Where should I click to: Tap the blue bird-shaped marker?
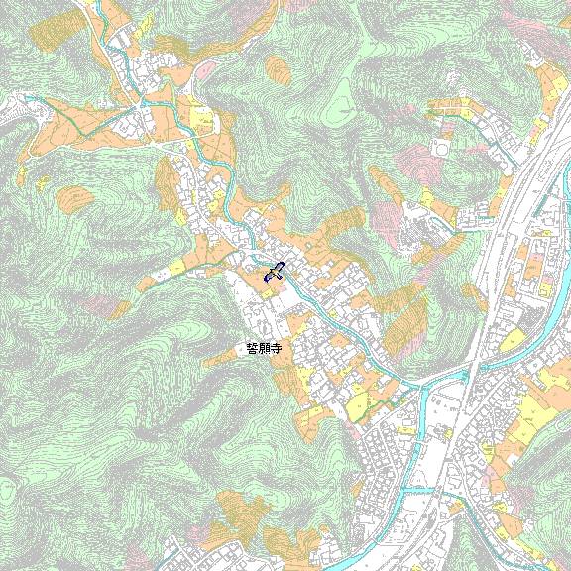[x=275, y=272]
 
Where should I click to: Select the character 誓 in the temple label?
[x=252, y=349]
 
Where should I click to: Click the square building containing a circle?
[x=440, y=150]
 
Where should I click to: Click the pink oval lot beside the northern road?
[x=206, y=69]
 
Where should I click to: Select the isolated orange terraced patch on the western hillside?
[x=74, y=197]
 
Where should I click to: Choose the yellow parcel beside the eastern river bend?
[x=514, y=342]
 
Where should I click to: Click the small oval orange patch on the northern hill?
[x=280, y=67]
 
